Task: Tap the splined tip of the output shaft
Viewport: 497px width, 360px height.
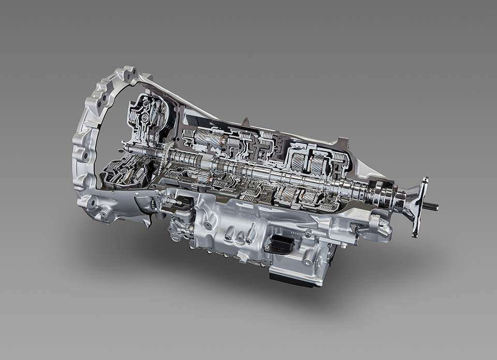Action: (x=432, y=207)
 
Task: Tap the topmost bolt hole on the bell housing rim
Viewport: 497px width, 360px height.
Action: (x=127, y=71)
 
